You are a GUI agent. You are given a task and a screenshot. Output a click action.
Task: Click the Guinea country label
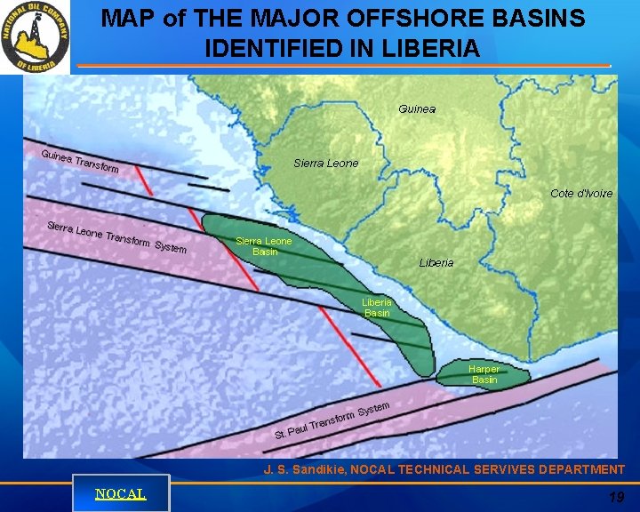[417, 108]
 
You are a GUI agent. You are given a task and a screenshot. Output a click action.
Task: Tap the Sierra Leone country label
[326, 163]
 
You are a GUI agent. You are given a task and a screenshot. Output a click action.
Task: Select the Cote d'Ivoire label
[581, 193]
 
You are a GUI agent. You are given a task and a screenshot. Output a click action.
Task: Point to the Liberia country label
[436, 262]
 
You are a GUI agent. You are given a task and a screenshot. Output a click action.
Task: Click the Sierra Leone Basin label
[264, 246]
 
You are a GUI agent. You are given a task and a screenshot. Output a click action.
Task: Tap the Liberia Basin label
[377, 308]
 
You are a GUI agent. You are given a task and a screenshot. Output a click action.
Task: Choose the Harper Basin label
[484, 374]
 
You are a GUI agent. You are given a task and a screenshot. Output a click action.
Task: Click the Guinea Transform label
[80, 161]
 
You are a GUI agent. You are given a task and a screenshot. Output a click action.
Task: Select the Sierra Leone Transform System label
[116, 236]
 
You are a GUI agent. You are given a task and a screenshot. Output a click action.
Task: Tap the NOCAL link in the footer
[121, 493]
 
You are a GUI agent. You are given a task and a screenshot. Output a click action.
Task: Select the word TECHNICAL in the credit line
[438, 469]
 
